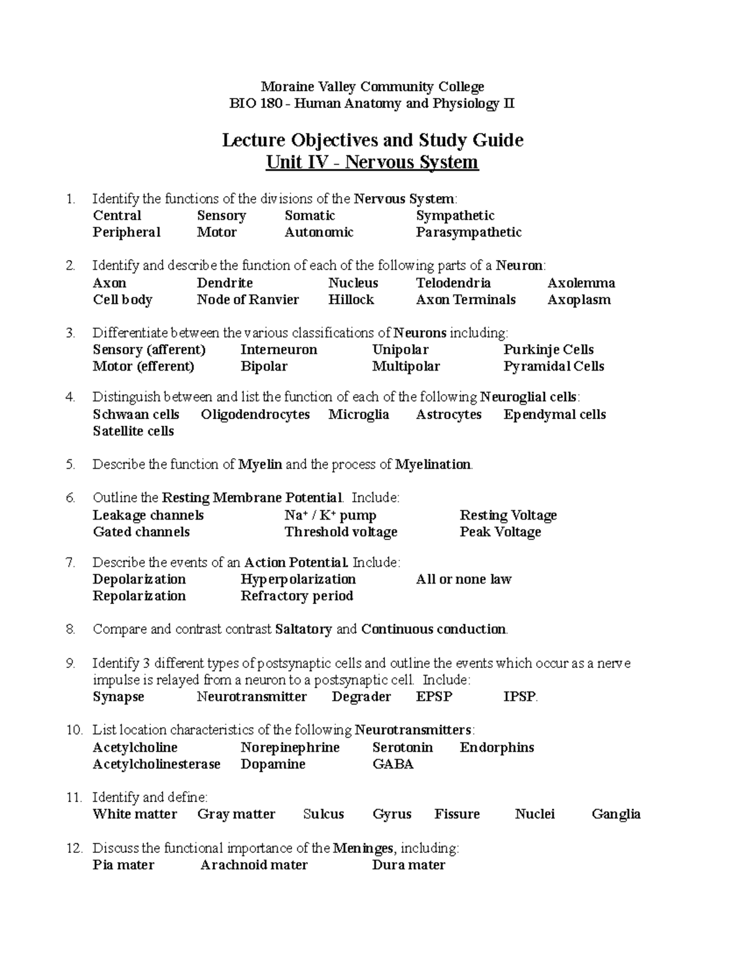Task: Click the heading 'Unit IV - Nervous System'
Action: click(372, 163)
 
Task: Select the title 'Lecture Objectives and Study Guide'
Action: click(372, 140)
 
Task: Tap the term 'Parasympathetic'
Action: click(468, 232)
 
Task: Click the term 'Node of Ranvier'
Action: click(248, 300)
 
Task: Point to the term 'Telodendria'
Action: click(453, 283)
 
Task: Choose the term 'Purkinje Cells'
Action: click(548, 349)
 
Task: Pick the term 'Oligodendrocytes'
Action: click(255, 415)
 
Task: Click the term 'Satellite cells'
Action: click(133, 431)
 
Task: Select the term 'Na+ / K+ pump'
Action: click(330, 515)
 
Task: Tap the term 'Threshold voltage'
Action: click(341, 532)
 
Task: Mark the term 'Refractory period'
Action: click(297, 596)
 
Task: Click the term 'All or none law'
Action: click(463, 579)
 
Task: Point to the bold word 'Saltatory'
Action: click(303, 629)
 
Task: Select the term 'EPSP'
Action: click(434, 696)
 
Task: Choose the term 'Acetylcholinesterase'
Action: click(156, 764)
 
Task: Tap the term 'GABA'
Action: click(392, 764)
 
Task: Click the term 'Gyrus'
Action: click(392, 814)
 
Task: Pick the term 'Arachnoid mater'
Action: click(254, 865)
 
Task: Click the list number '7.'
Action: click(70, 562)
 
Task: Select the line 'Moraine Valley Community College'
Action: click(372, 87)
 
